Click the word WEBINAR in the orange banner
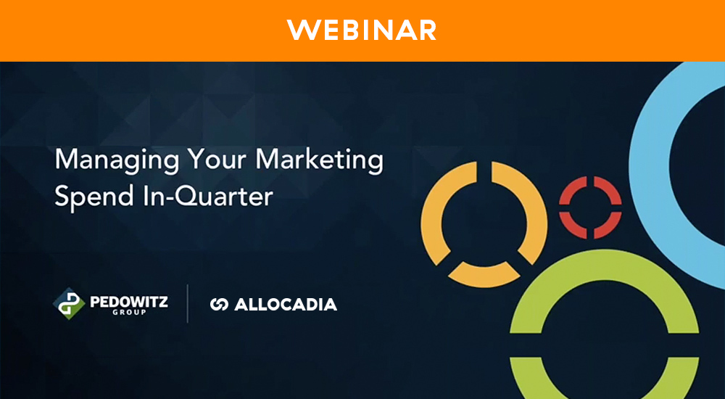click(x=362, y=30)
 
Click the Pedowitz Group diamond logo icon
click(x=70, y=303)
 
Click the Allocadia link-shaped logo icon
click(x=219, y=305)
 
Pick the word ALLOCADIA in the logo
click(x=286, y=305)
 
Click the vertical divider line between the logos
click(x=188, y=304)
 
